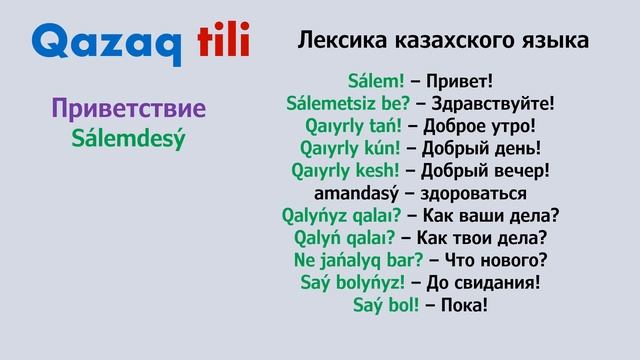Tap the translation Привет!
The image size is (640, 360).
pos(458,78)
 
